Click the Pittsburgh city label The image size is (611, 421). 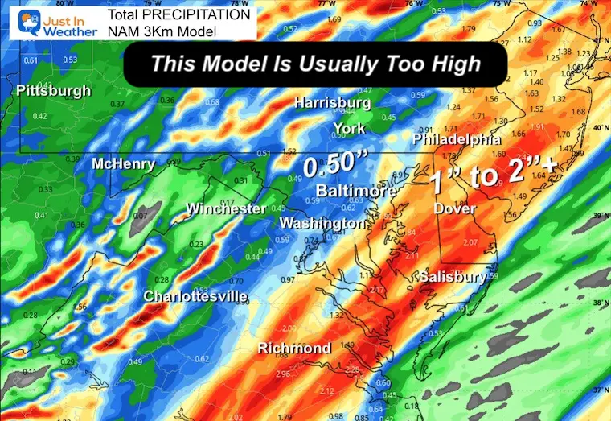54,91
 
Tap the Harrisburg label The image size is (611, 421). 332,103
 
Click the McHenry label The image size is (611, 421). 123,164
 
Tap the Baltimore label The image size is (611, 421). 355,191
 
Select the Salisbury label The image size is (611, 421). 453,277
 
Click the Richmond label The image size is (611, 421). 294,348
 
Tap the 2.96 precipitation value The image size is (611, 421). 282,374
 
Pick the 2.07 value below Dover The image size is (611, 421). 471,242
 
